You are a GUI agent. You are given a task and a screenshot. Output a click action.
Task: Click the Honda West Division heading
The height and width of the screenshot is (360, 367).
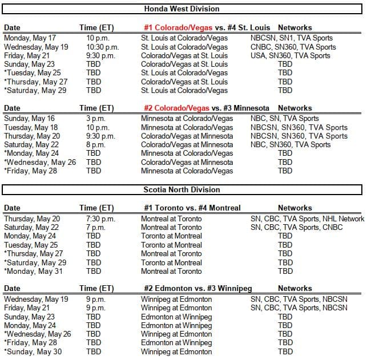pyautogui.click(x=182, y=9)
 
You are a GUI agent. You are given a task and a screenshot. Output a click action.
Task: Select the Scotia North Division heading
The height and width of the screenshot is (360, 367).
pyautogui.click(x=182, y=189)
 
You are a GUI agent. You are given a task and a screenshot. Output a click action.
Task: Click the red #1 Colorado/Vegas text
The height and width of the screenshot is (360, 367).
pyautogui.click(x=179, y=27)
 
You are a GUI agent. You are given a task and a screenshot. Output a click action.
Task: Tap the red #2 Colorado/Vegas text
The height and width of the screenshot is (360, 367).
pyautogui.click(x=179, y=108)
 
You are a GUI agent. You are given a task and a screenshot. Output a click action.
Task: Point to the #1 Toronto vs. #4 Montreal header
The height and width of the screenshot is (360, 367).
pyautogui.click(x=191, y=208)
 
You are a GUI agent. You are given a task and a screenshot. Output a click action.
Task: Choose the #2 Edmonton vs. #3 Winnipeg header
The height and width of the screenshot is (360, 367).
pyautogui.click(x=196, y=289)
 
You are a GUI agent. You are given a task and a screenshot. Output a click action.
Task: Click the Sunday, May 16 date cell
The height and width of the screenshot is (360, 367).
pyautogui.click(x=27, y=119)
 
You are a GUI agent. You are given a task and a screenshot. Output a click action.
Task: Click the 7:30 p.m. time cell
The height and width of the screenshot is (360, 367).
pyautogui.click(x=100, y=219)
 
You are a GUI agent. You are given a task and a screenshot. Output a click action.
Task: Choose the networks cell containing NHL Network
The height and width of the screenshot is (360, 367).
pyautogui.click(x=307, y=219)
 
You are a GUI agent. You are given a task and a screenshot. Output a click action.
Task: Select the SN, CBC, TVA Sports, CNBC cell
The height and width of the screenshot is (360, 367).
pyautogui.click(x=297, y=227)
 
